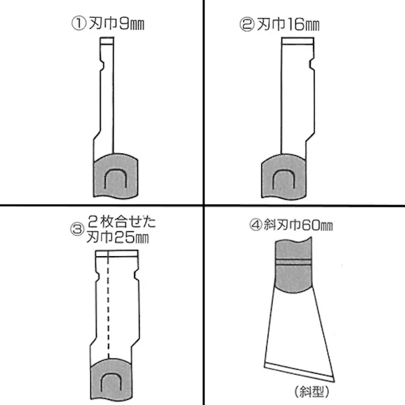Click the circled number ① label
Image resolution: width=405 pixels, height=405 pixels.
(78, 23)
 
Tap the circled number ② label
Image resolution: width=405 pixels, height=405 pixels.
(247, 24)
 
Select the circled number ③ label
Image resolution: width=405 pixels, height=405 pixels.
(77, 229)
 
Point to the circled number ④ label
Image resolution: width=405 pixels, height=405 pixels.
(256, 224)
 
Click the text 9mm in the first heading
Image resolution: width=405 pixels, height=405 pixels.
(131, 24)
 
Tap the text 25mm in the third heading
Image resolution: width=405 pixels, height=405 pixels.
(131, 237)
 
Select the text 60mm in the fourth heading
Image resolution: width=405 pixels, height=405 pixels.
(316, 225)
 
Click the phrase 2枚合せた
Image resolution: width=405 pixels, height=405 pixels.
(122, 222)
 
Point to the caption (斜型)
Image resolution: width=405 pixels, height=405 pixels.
(312, 391)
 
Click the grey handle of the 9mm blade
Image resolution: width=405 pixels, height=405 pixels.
(115, 176)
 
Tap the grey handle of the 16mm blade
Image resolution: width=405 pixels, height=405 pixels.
(283, 176)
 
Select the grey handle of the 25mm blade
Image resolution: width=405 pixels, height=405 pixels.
(111, 379)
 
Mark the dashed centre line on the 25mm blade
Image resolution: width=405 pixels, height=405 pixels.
(108, 305)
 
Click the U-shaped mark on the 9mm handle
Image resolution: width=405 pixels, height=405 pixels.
(115, 178)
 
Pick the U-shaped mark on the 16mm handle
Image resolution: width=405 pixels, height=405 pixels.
(284, 179)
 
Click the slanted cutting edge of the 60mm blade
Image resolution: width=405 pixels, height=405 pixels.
(299, 372)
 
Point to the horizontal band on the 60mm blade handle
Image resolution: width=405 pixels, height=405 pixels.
(293, 262)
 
